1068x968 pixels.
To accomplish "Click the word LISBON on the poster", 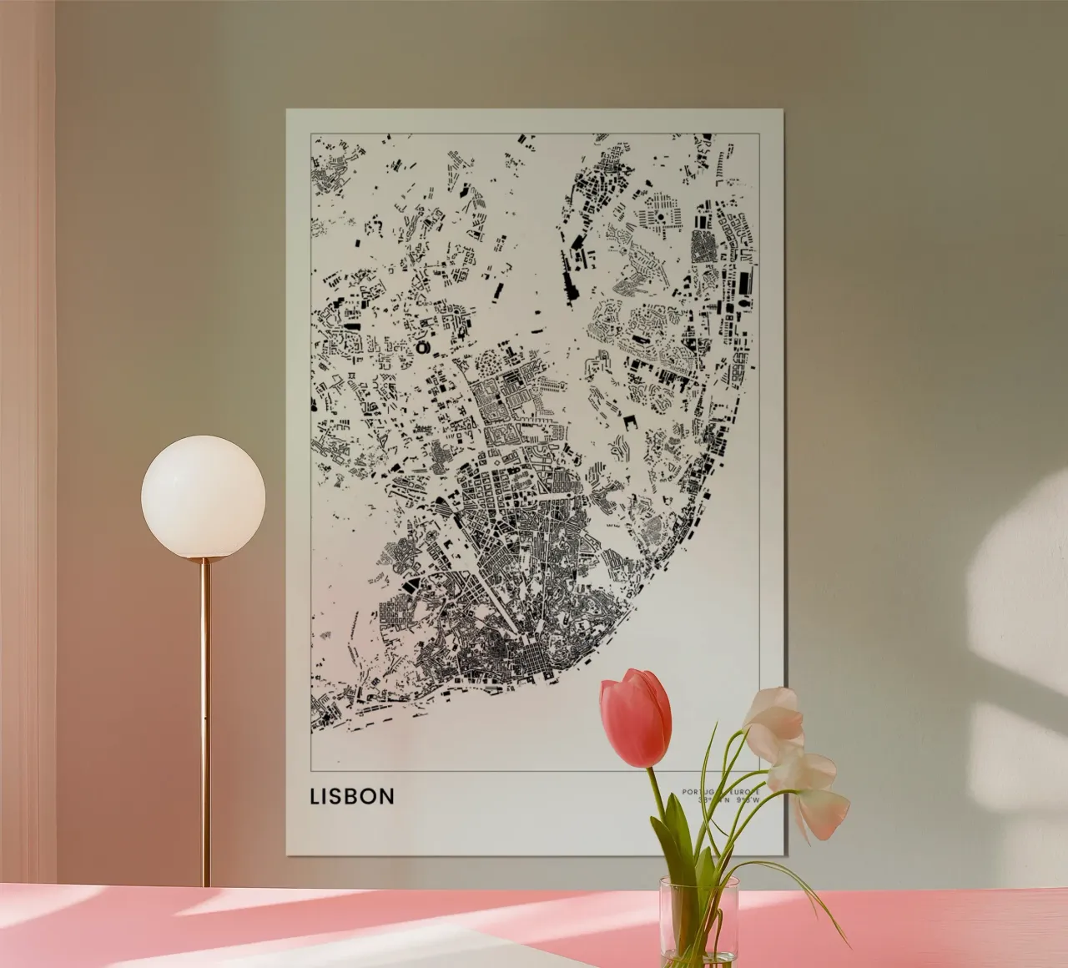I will [351, 796].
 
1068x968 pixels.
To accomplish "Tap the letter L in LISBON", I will [315, 796].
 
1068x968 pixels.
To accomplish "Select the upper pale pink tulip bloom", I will [774, 713].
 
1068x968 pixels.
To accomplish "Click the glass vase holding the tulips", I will [698, 918].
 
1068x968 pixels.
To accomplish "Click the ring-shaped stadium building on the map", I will [422, 346].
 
